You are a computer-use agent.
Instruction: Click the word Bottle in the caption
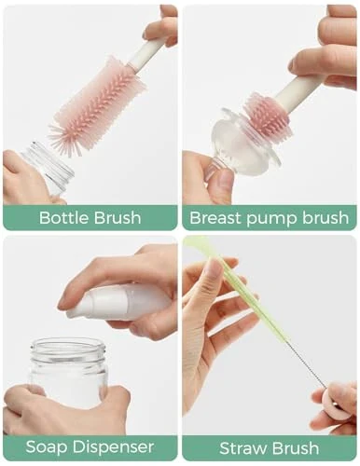click(x=63, y=218)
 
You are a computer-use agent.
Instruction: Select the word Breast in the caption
click(x=215, y=218)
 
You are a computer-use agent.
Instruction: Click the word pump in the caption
click(x=270, y=219)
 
